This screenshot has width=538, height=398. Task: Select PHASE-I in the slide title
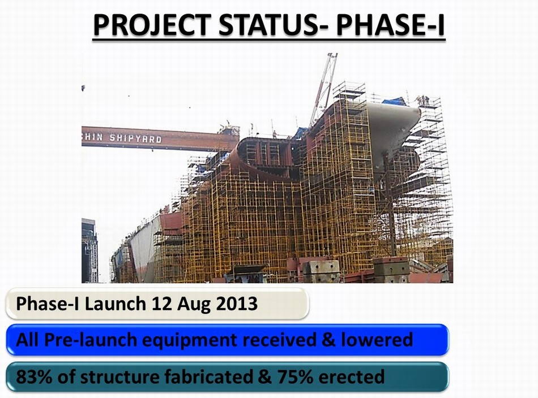click(390, 25)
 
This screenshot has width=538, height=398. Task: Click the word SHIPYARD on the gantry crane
click(135, 139)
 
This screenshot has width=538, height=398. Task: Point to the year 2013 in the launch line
click(237, 304)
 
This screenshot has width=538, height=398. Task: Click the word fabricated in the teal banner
click(208, 377)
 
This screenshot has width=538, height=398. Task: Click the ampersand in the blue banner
click(328, 340)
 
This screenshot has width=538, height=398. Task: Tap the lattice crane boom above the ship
click(323, 90)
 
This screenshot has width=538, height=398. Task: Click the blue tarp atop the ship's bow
click(394, 101)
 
